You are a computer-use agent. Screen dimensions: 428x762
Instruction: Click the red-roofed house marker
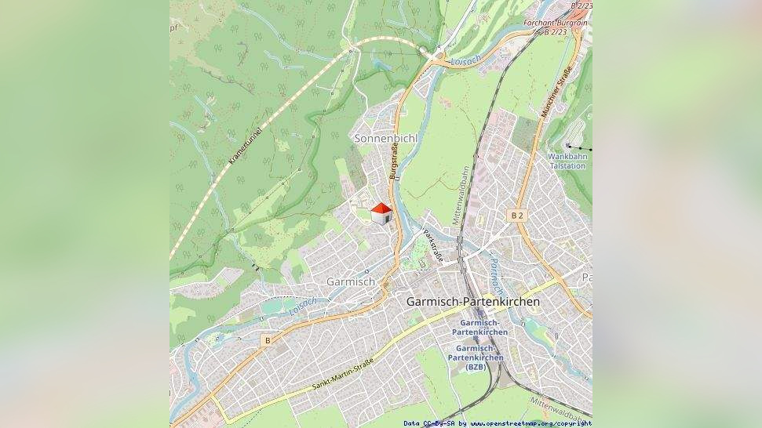(381, 213)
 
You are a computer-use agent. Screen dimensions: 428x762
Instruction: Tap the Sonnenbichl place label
(385, 138)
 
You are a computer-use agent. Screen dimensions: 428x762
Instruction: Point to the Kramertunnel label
(245, 140)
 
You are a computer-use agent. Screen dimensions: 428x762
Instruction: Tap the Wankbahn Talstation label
(567, 161)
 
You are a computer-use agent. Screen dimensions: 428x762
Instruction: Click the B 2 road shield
(516, 215)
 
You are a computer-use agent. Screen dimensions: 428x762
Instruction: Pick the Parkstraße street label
(433, 245)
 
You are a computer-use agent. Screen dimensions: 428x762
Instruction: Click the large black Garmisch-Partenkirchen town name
(472, 301)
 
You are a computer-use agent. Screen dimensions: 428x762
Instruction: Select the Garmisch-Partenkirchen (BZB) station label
(476, 357)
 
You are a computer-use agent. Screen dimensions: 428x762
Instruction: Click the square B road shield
(268, 340)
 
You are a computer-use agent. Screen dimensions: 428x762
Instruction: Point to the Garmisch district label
(350, 281)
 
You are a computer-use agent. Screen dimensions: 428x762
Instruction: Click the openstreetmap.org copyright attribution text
(498, 423)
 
